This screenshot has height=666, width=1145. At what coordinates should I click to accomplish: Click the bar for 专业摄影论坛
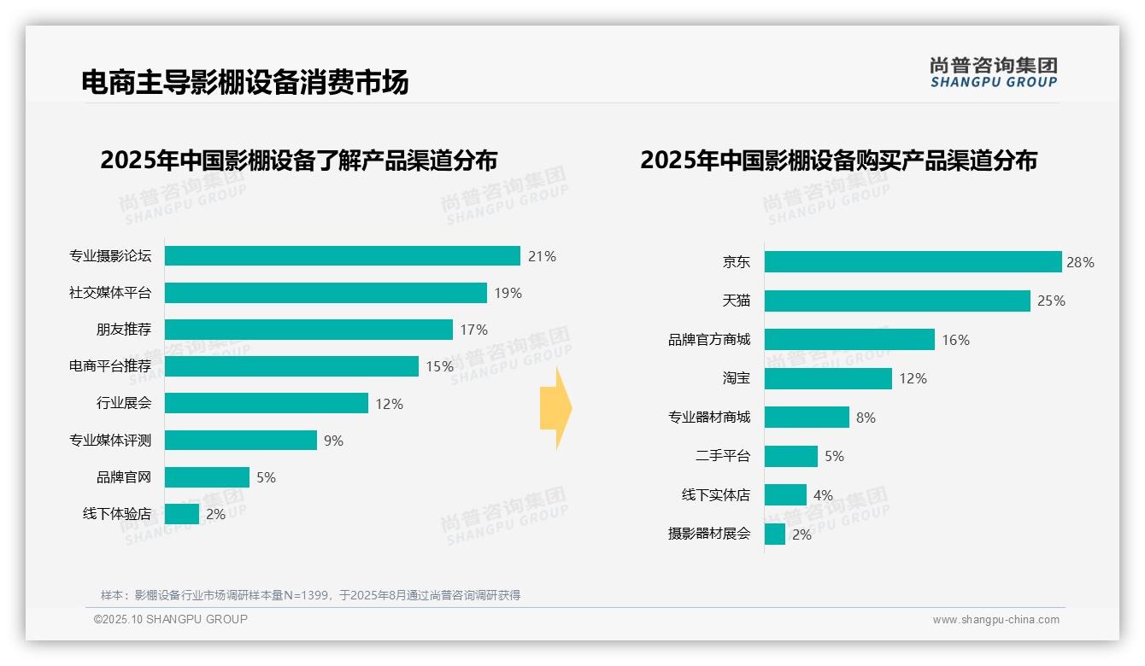coord(342,256)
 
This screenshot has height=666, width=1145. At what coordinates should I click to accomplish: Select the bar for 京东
coord(913,262)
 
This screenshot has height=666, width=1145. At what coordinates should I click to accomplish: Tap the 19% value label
coord(508,293)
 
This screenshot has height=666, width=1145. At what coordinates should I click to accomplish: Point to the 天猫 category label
coord(736,301)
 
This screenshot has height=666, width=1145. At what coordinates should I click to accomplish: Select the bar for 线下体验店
coord(182,514)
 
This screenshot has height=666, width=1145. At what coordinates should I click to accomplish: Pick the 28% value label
coord(1080,262)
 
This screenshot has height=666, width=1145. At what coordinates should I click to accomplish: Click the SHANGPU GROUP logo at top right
coord(993,72)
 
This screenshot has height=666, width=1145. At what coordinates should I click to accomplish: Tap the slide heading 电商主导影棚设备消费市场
coord(244,82)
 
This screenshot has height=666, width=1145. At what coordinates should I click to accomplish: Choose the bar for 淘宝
coord(828,378)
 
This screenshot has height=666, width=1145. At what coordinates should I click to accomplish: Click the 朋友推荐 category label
coord(123,330)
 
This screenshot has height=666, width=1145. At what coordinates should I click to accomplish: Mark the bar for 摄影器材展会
coord(775,535)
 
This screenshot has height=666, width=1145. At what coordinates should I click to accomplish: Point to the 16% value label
coord(955,340)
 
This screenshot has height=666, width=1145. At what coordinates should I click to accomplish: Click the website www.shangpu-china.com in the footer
coord(995,620)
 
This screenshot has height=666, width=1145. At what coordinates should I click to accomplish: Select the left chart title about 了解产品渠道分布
coord(298,161)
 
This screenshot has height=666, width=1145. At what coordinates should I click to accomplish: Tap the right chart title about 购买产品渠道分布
coord(838,161)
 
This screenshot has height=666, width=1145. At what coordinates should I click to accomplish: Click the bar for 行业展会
coord(266,403)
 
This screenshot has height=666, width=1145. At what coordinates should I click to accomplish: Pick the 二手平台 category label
coord(722,456)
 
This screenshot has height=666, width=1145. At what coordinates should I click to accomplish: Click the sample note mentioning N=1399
coord(310,595)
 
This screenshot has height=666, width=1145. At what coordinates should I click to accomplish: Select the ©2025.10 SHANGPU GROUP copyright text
coord(171,619)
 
